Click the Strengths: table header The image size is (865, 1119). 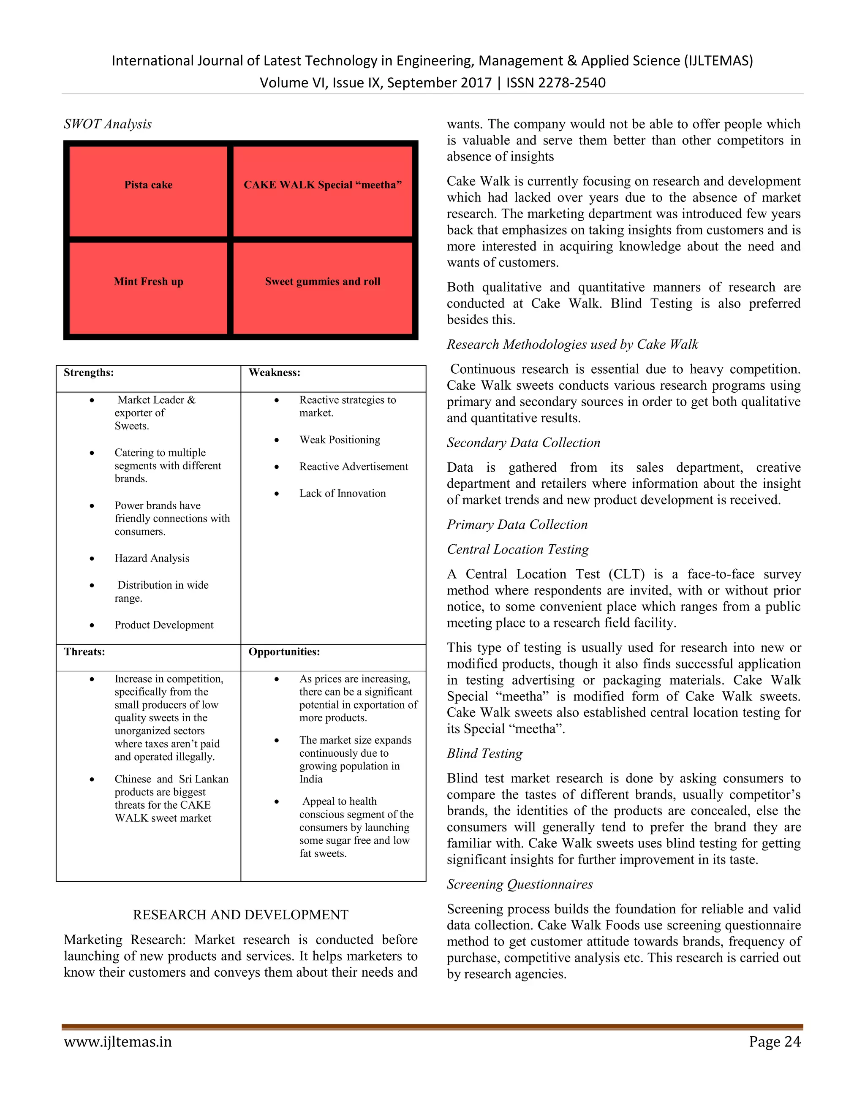[89, 372]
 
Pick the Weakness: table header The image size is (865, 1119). [274, 372]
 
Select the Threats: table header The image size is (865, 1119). [84, 652]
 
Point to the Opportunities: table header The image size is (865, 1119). [284, 652]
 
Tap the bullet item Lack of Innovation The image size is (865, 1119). [342, 493]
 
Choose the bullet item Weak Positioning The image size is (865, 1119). [340, 440]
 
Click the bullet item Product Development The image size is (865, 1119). [164, 625]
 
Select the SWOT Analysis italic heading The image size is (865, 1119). [108, 124]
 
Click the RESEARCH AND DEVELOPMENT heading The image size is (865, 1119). [240, 915]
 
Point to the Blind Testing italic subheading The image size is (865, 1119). [484, 753]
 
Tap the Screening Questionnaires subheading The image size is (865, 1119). [520, 884]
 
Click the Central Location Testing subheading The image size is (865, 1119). [517, 549]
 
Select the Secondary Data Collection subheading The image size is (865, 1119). [523, 443]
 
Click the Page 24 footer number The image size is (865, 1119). [774, 1042]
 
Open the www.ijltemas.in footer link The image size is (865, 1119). [118, 1042]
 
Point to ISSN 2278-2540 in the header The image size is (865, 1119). [556, 82]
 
